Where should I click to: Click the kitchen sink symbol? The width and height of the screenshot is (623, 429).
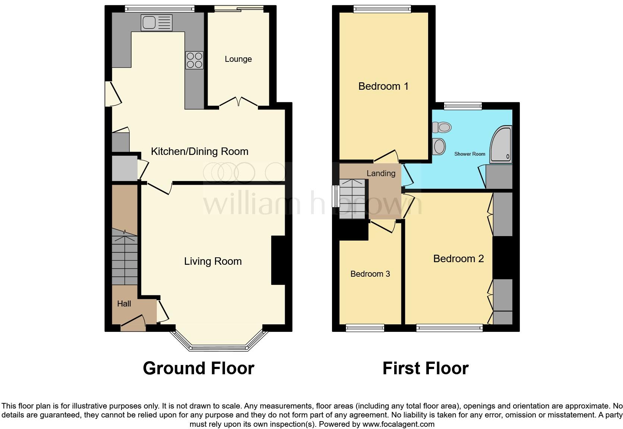click(x=156, y=23)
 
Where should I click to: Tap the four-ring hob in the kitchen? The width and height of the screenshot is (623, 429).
click(x=195, y=60)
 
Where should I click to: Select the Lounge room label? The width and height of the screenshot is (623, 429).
click(x=238, y=59)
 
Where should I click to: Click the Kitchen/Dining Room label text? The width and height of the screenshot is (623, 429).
click(x=199, y=152)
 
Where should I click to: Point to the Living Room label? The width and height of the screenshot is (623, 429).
click(x=213, y=261)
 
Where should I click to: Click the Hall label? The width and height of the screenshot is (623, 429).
click(x=124, y=304)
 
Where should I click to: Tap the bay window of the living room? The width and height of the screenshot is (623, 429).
click(x=219, y=348)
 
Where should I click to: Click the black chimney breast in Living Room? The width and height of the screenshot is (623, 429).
click(x=278, y=260)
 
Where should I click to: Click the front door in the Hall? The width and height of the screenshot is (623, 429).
click(x=133, y=322)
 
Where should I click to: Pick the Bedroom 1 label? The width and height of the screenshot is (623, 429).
click(x=383, y=86)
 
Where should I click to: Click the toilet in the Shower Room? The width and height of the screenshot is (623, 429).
click(x=442, y=128)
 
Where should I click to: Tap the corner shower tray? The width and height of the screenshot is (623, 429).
click(x=502, y=146)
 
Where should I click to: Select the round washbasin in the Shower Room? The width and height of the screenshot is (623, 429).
click(x=439, y=146)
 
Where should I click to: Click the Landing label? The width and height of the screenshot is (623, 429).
click(x=381, y=174)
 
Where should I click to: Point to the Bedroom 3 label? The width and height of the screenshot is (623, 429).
click(x=370, y=274)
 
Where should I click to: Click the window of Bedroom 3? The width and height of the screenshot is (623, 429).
click(x=365, y=328)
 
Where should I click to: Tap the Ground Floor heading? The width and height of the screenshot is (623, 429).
click(x=198, y=368)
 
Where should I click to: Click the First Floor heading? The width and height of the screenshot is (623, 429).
click(x=425, y=368)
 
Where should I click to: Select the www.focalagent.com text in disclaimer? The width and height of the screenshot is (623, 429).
click(x=398, y=424)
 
